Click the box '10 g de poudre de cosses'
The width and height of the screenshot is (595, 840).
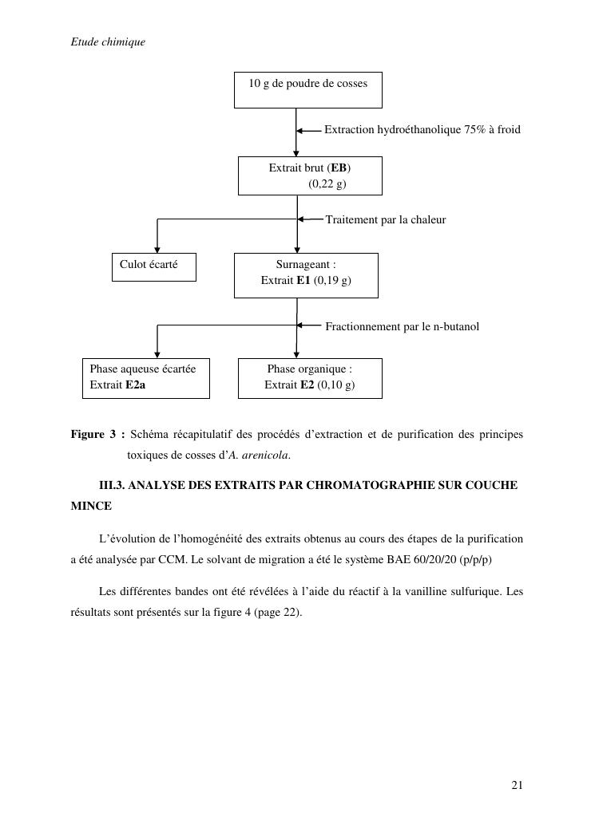tap(307, 89)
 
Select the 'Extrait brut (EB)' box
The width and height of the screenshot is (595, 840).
tap(310, 175)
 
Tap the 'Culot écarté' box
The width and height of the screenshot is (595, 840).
tap(153, 266)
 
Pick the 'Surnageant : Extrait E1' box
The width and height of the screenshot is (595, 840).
tap(306, 274)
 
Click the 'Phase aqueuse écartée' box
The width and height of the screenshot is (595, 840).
tap(146, 377)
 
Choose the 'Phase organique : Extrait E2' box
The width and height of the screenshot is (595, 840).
tap(310, 377)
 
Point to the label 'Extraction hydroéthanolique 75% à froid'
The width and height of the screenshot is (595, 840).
tap(422, 129)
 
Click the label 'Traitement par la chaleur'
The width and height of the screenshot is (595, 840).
tap(385, 219)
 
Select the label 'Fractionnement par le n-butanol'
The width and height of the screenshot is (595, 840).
tap(402, 326)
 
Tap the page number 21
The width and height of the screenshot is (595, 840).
tap(517, 786)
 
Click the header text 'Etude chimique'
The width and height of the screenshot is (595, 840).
tap(108, 41)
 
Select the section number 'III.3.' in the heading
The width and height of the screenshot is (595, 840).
tap(112, 485)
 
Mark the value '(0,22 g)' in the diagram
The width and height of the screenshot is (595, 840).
tap(327, 183)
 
